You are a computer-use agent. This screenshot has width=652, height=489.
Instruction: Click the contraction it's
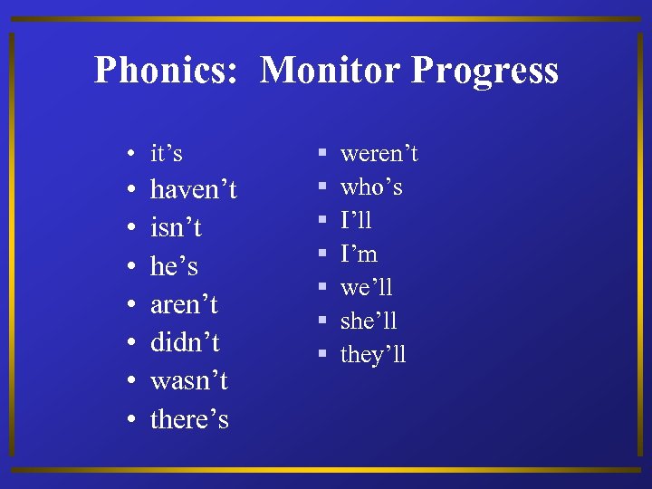coord(167,153)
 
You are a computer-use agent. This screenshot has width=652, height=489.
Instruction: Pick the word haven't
coord(193,190)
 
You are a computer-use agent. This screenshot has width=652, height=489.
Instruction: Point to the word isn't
coord(176,228)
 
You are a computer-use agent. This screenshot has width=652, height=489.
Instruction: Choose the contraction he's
coord(174,266)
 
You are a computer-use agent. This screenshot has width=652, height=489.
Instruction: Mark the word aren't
coord(184,305)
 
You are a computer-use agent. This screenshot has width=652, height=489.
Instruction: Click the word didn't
coord(185,343)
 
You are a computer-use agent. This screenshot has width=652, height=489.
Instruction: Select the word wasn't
coord(188,381)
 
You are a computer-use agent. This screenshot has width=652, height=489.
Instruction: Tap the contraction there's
coord(189,419)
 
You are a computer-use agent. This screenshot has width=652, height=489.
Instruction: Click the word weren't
coord(379,154)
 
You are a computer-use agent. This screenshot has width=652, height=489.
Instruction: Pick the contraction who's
coord(371,187)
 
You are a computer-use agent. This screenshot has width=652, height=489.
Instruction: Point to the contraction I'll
coord(356,221)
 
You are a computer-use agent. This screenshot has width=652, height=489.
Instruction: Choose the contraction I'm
coord(359,254)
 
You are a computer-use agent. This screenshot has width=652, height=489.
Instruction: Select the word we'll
coord(366,288)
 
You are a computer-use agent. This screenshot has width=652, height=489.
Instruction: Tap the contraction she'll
coord(369,321)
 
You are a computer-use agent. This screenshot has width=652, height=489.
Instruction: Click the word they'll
coord(373,355)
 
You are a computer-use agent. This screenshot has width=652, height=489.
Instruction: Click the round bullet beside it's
coord(131,155)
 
